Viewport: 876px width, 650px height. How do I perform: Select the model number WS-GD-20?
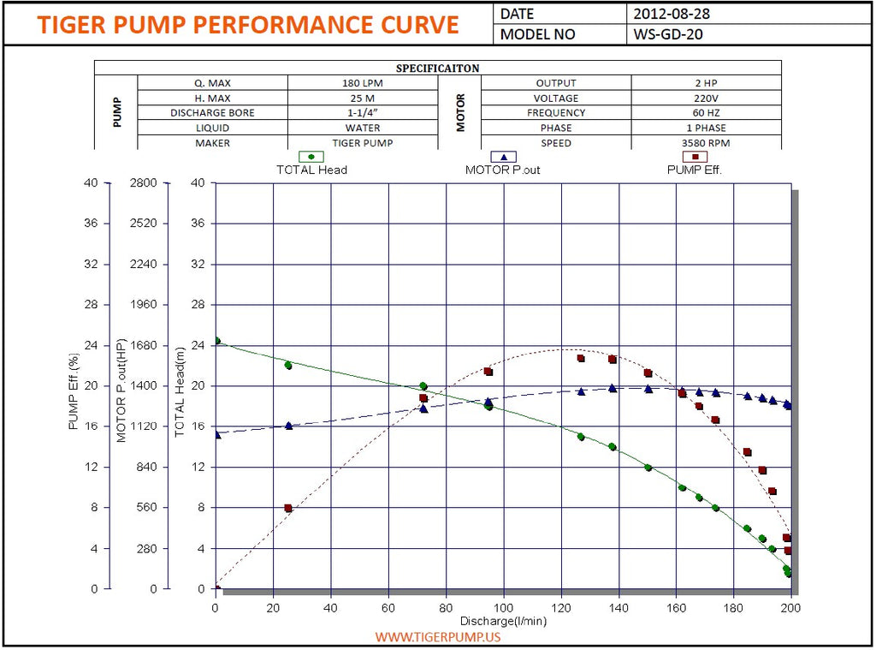pos(669,34)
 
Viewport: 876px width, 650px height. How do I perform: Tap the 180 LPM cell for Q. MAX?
pos(363,83)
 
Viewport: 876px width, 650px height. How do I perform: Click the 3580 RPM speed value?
pos(707,143)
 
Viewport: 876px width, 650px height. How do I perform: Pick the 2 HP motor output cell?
pos(707,83)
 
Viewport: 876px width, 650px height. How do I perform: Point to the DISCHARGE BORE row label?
pos(212,113)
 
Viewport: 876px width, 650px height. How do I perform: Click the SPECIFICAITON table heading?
pos(437,68)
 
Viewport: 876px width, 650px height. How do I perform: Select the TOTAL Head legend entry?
pos(311,170)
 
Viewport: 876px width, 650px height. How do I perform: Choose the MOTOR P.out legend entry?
pos(503,170)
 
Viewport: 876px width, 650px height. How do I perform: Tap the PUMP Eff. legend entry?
pos(695,170)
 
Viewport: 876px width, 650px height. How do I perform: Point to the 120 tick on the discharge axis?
pos(561,607)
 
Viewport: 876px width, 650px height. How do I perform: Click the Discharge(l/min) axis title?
pos(504,620)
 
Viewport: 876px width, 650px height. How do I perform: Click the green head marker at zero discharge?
pos(216,341)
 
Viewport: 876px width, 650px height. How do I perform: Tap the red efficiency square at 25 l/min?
pos(288,508)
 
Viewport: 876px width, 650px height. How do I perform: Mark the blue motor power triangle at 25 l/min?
pos(288,425)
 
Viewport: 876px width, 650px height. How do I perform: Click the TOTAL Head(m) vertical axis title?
pos(180,392)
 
